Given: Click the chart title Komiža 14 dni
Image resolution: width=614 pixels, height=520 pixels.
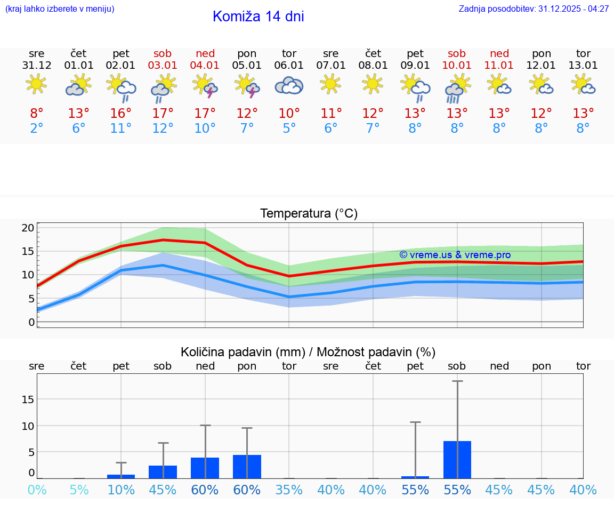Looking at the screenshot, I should [x=258, y=17].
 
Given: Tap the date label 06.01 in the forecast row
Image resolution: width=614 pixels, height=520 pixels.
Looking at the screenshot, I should [x=289, y=66].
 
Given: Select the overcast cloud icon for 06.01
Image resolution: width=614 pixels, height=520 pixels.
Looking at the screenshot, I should [x=289, y=85].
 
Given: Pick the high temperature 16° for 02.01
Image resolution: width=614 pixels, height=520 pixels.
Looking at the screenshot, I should [x=121, y=114].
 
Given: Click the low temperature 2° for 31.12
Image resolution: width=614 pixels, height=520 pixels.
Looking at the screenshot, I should [x=37, y=129].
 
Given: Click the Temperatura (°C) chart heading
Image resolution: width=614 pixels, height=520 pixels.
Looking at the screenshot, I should [x=309, y=214].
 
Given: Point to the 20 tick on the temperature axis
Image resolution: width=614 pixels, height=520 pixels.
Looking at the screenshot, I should [x=28, y=228].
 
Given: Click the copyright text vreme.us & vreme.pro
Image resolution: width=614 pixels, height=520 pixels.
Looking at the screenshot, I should [x=455, y=255].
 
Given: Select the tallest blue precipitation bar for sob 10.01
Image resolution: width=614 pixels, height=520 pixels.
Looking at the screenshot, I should [x=457, y=459].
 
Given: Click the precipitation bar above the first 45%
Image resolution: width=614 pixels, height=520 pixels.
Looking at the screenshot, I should [x=163, y=471].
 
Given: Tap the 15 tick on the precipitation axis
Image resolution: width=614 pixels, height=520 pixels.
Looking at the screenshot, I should [x=28, y=399].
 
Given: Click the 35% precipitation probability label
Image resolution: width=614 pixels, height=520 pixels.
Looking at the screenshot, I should [x=289, y=490].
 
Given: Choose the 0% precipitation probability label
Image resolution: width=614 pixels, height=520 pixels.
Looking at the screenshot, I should [x=37, y=490].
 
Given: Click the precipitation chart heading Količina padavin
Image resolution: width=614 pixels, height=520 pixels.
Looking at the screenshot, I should [x=308, y=352].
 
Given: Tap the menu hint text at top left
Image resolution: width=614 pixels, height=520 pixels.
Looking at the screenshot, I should [x=60, y=9].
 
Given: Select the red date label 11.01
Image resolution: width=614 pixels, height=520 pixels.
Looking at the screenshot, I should [x=499, y=66].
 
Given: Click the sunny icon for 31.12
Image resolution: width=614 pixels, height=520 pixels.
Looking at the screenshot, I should [x=36, y=84].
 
